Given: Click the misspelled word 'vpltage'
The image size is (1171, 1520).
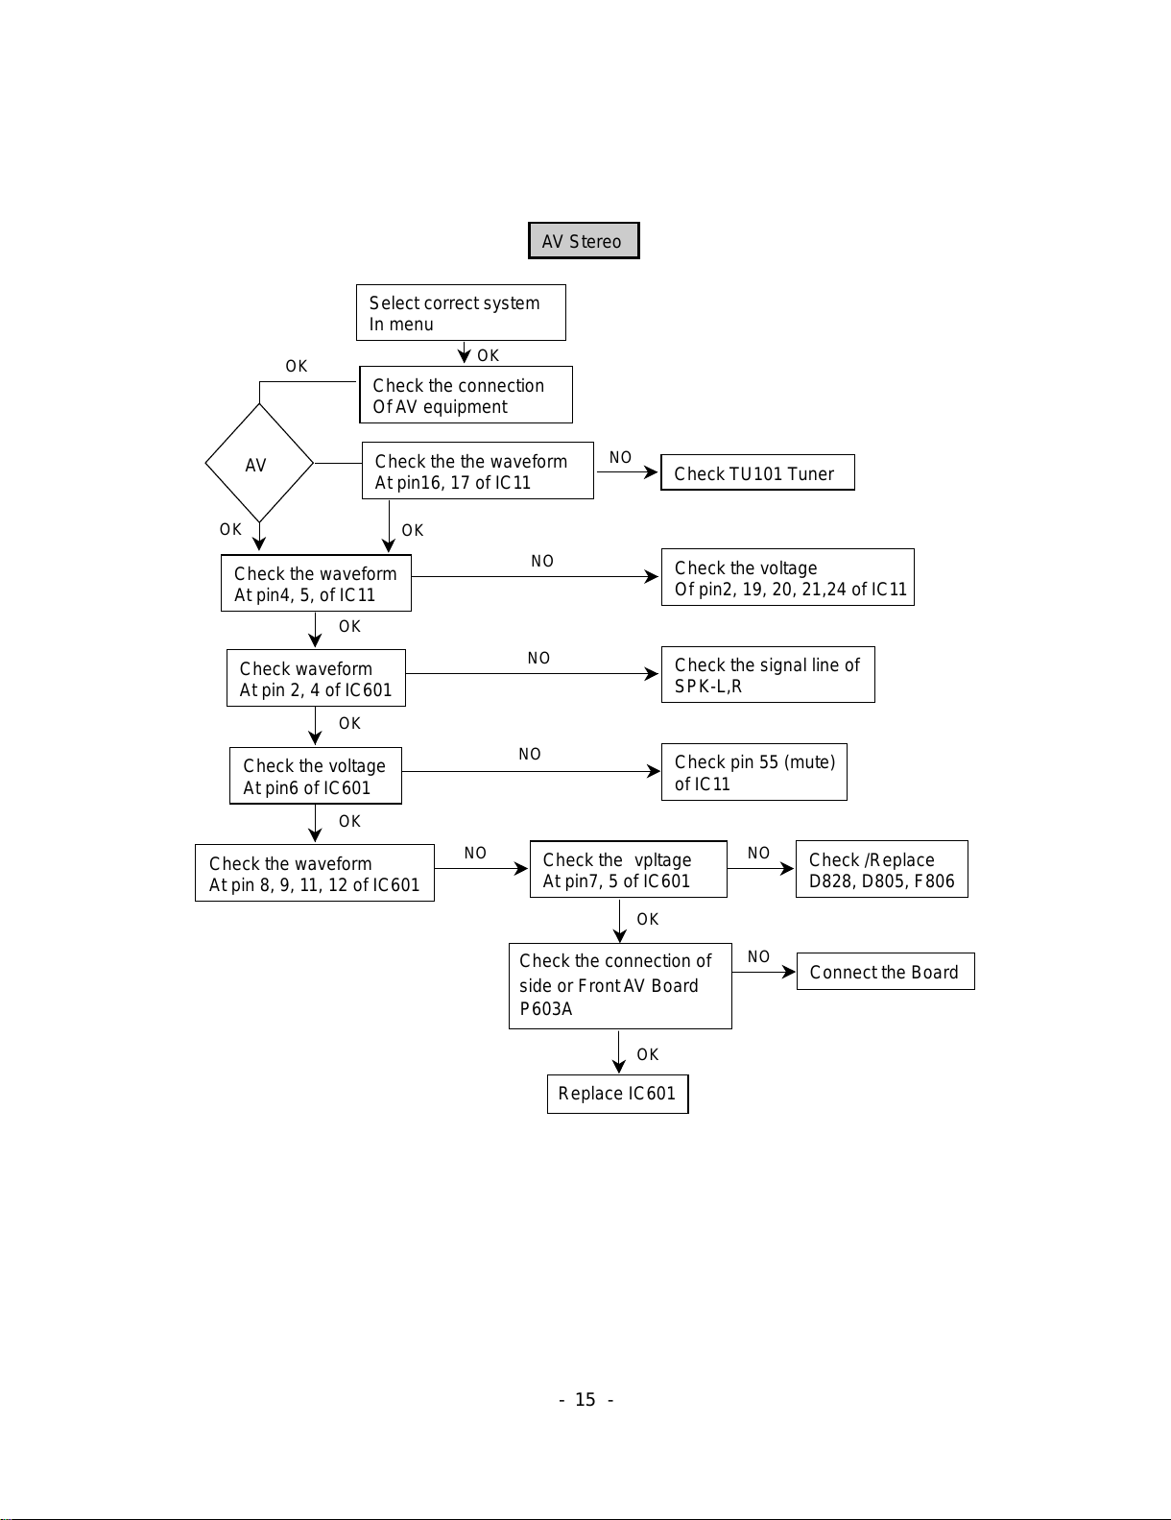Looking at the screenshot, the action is [662, 860].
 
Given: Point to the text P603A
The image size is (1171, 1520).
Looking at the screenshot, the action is [546, 1008].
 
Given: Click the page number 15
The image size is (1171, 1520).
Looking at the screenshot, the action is [585, 1400].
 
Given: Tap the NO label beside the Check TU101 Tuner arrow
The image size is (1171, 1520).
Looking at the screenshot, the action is [621, 457].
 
